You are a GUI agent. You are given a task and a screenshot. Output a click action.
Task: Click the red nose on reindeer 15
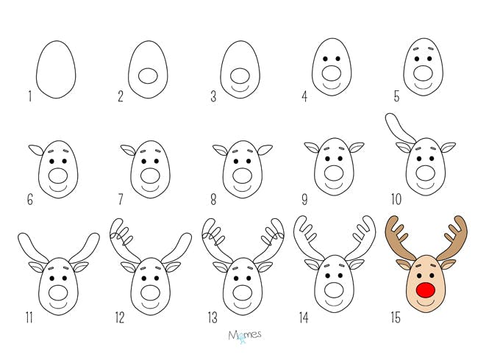pyautogui.click(x=425, y=290)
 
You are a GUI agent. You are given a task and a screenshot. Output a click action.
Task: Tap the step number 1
pyautogui.click(x=30, y=96)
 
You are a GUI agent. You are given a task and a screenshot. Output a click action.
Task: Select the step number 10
pyautogui.click(x=396, y=200)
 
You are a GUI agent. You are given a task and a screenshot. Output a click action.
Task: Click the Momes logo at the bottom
pyautogui.click(x=244, y=336)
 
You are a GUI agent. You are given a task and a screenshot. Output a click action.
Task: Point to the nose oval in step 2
pyautogui.click(x=148, y=76)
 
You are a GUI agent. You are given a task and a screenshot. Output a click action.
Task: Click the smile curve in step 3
pyautogui.click(x=240, y=89)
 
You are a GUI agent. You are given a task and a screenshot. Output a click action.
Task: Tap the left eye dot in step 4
pyautogui.click(x=325, y=59)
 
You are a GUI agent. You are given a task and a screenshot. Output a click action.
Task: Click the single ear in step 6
pyautogui.click(x=37, y=150)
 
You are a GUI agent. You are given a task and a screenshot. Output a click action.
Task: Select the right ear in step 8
pyautogui.click(x=265, y=150)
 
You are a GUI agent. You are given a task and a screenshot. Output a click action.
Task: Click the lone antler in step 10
pyautogui.click(x=399, y=129)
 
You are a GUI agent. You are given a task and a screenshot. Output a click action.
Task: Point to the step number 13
pyautogui.click(x=213, y=318)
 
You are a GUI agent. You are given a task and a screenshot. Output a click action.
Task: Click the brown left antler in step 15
pyautogui.click(x=397, y=237)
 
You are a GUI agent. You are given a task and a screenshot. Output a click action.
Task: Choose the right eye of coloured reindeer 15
pyautogui.click(x=432, y=276)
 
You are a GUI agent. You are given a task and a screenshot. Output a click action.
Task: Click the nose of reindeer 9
pyautogui.click(x=334, y=173)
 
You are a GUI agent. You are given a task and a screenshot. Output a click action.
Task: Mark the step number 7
pyautogui.click(x=121, y=200)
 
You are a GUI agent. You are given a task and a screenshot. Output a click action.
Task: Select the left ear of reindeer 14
pyautogui.click(x=312, y=264)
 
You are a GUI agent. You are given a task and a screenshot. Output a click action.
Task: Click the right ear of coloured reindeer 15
pyautogui.click(x=448, y=264)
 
